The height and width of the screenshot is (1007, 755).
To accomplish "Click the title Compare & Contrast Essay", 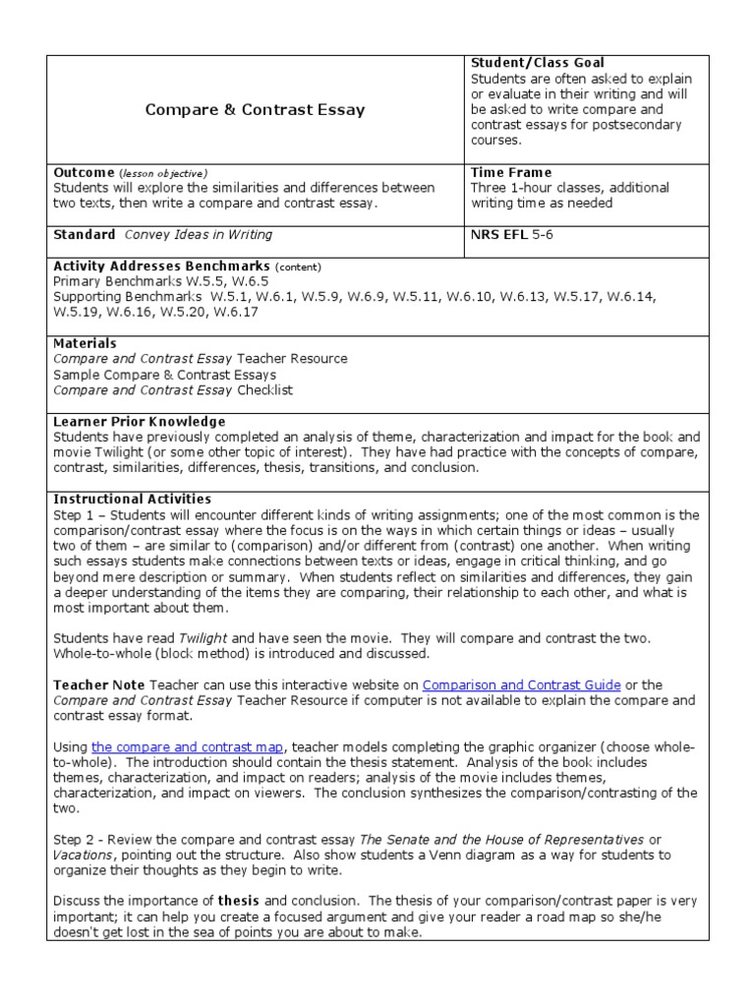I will tap(255, 110).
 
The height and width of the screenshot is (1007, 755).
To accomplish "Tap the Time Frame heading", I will tap(511, 172).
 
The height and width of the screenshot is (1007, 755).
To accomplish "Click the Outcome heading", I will tap(84, 172).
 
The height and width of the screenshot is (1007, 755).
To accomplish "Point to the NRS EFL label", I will tap(501, 235).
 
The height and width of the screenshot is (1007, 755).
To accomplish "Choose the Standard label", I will tap(84, 235).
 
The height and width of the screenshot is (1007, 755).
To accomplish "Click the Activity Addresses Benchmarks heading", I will tap(161, 267).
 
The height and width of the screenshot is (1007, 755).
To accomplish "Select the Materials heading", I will tap(85, 343).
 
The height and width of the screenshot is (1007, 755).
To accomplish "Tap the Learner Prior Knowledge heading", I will tap(139, 421).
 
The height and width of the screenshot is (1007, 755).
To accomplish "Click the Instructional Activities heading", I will tap(132, 499).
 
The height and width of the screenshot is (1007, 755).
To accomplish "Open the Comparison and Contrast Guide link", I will tap(521, 684).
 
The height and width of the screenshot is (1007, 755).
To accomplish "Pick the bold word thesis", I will tap(239, 901).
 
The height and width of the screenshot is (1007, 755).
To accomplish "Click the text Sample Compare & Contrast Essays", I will tap(164, 375).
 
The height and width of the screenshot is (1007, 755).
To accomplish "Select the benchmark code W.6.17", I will tap(236, 312).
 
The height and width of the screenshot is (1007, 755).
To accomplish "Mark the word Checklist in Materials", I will tap(265, 390).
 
